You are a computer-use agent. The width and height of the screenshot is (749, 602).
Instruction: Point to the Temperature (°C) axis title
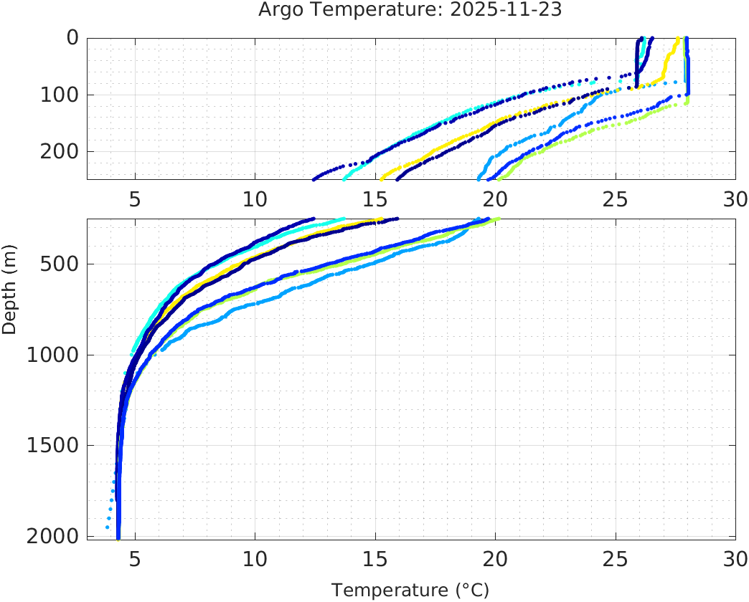tap(410, 591)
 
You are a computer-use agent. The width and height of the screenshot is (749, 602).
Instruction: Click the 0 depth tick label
tap(72, 38)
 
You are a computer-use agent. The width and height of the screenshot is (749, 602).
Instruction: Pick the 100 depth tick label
tap(57, 95)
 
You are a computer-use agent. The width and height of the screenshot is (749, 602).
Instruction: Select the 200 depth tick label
tap(57, 151)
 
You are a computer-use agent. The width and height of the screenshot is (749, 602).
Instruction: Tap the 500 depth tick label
tap(57, 264)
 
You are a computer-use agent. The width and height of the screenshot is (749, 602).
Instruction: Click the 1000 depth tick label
tap(50, 355)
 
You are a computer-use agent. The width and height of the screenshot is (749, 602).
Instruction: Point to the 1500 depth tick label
tap(50, 446)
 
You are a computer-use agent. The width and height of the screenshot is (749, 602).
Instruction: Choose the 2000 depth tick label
tap(50, 536)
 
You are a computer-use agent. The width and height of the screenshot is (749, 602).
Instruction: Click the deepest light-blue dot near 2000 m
tap(108, 527)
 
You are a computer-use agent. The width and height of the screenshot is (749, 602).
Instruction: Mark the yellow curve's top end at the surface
tap(677, 39)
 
